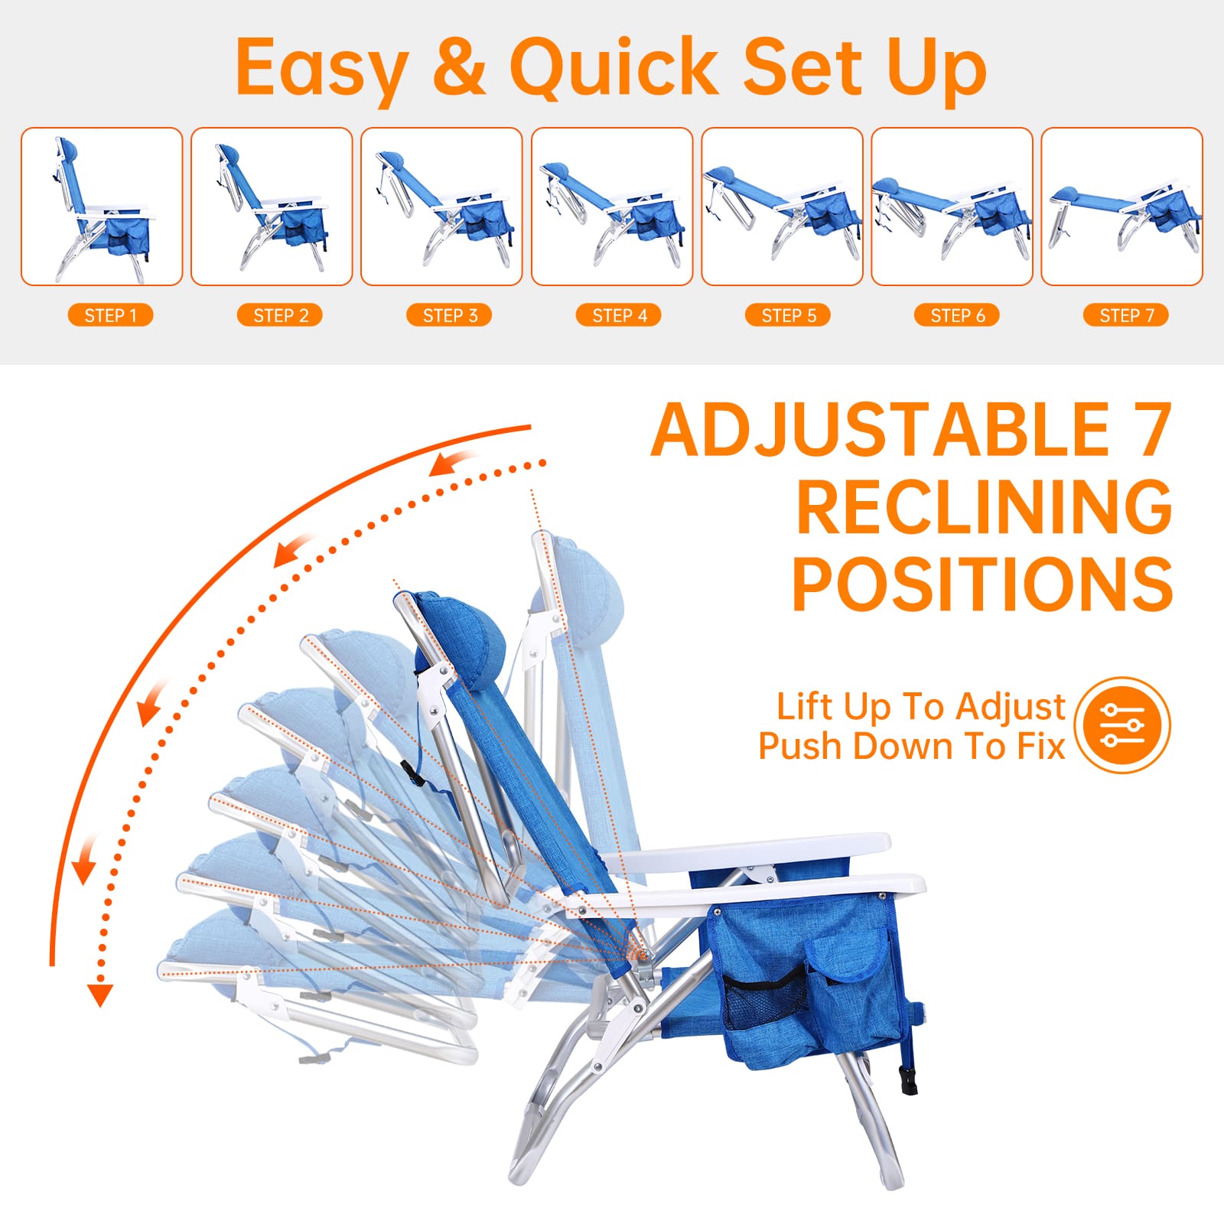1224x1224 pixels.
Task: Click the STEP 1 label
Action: tap(110, 315)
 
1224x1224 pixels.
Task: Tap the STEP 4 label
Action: tap(619, 315)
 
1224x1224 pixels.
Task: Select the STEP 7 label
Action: tap(1126, 315)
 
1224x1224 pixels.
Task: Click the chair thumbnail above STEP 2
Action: tap(272, 207)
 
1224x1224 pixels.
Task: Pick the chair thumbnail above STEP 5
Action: tap(782, 207)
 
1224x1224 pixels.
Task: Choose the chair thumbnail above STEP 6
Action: tap(952, 207)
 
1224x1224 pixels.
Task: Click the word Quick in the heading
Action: tap(614, 67)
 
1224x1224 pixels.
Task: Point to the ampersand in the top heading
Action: tap(459, 67)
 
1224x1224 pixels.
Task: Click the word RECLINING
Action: tap(984, 506)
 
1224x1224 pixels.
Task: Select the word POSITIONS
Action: tap(982, 584)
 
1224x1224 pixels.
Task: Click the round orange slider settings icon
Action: tap(1122, 724)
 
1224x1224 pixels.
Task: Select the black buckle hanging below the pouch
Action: tap(908, 1079)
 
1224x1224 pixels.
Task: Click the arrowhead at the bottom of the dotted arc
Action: tap(99, 994)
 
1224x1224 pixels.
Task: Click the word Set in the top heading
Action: tap(803, 67)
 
